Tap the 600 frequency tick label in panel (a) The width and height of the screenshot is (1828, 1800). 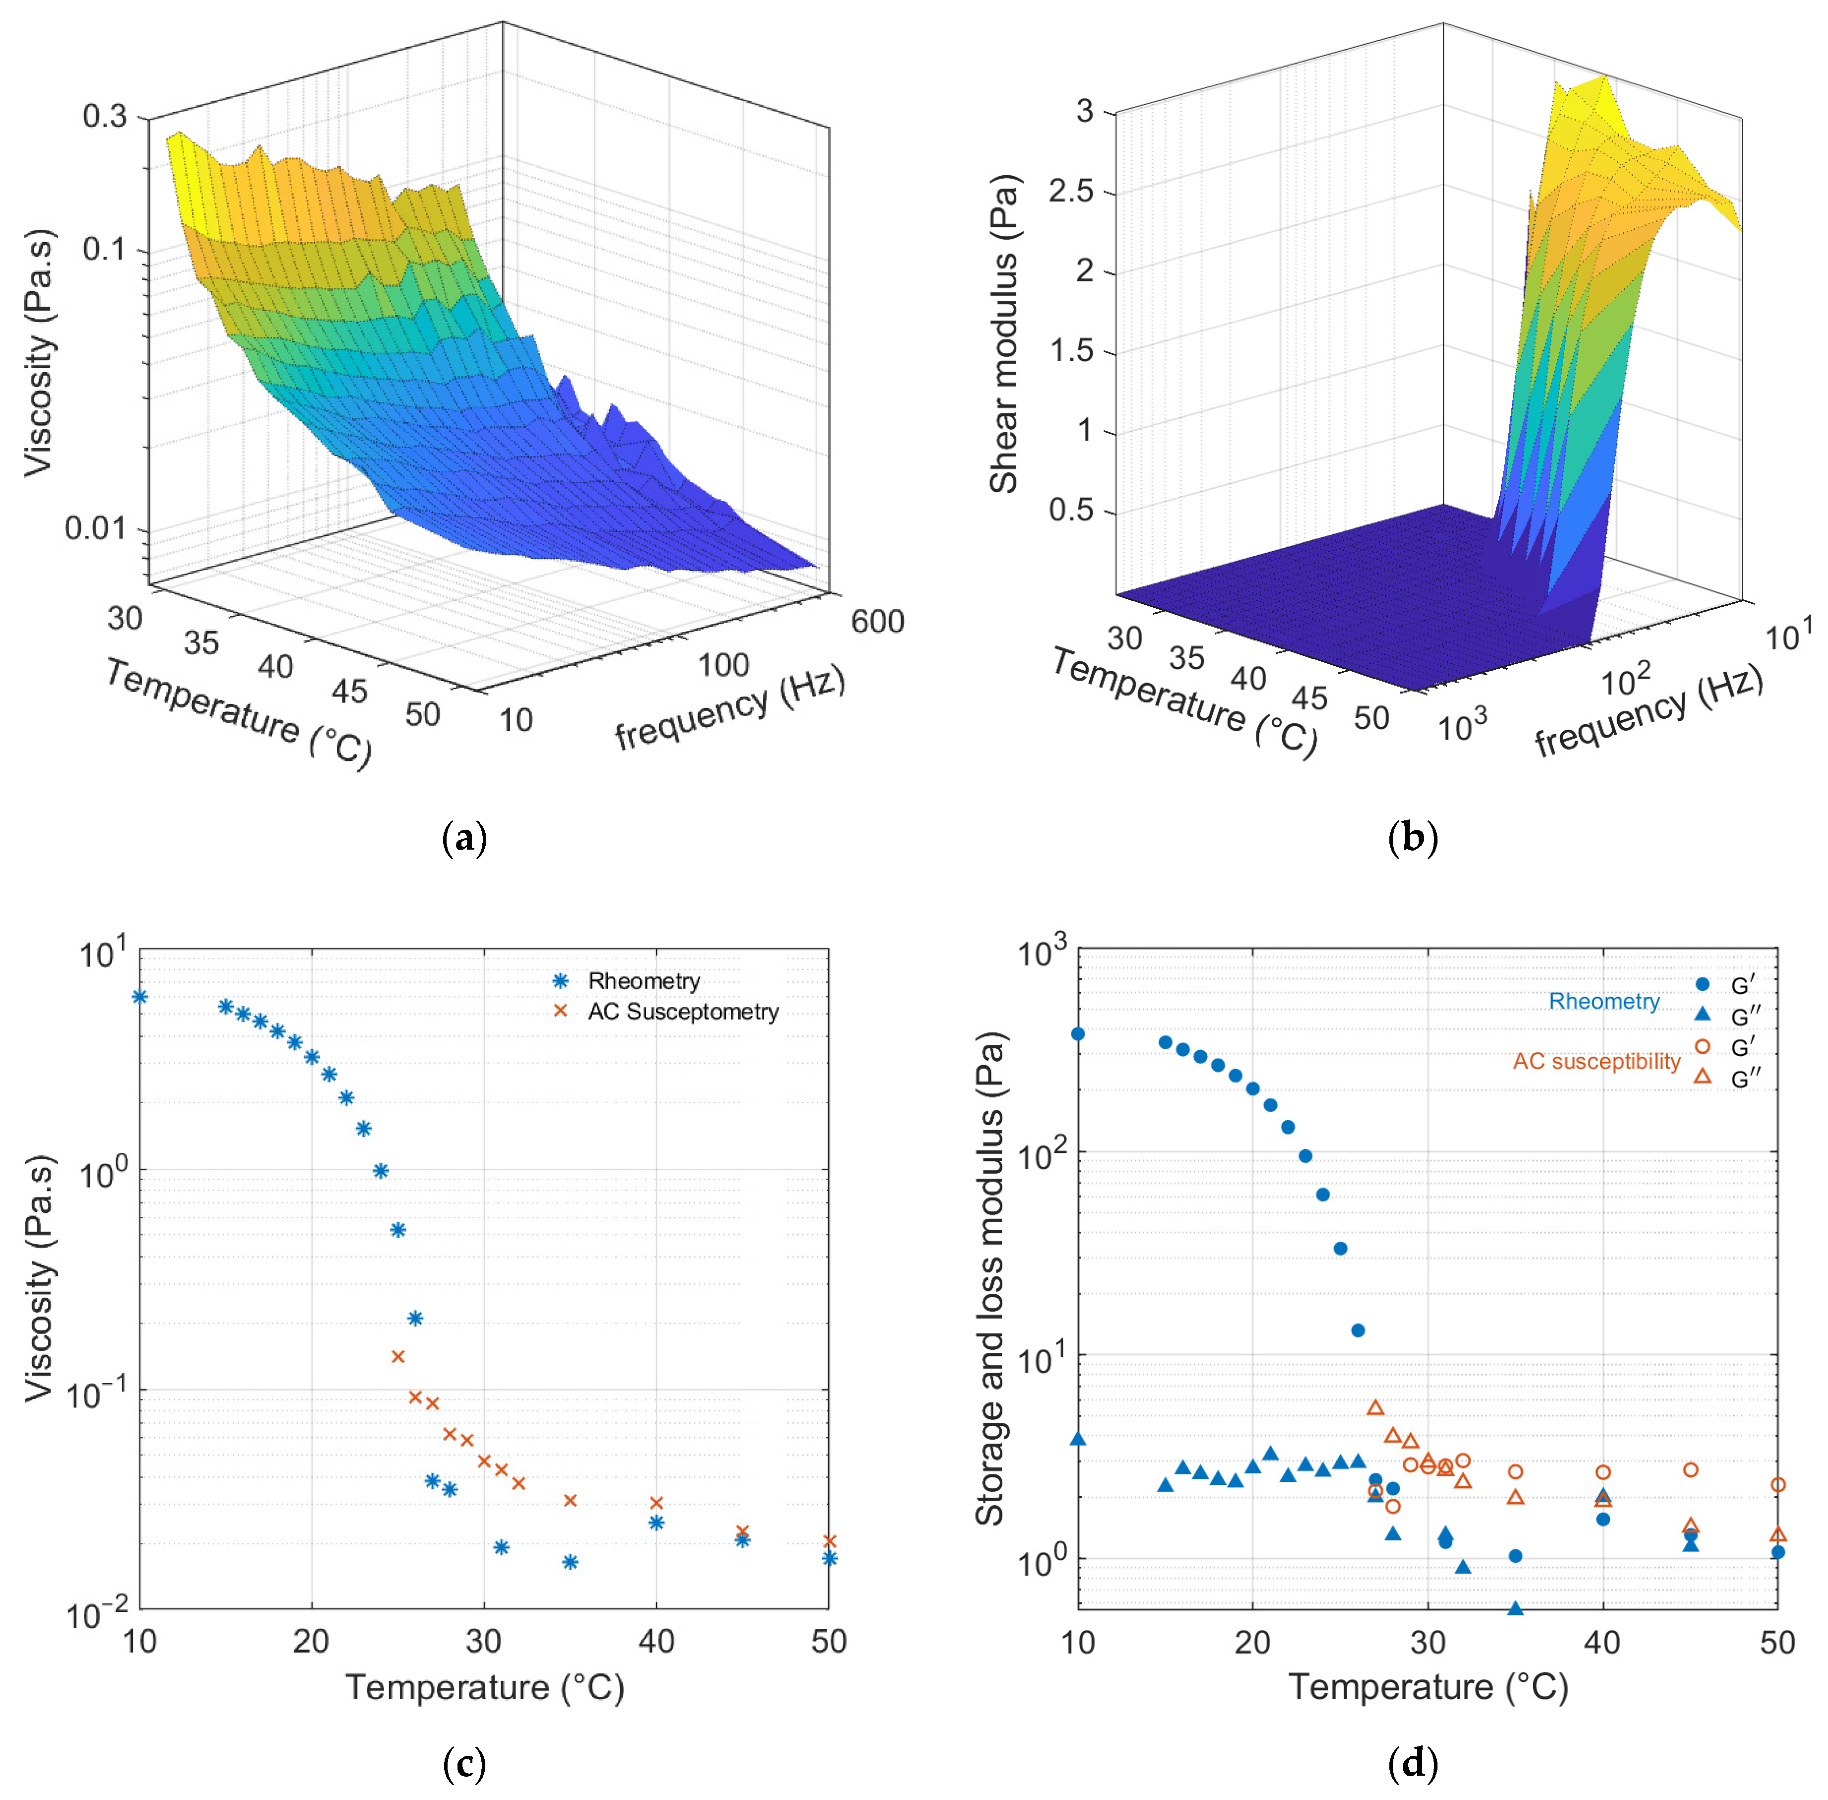pyautogui.click(x=877, y=621)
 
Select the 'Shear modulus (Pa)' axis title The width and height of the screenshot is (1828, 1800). pyautogui.click(x=1004, y=333)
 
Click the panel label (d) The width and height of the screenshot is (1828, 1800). pyautogui.click(x=1412, y=1763)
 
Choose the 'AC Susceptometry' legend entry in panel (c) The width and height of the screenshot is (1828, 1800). pyautogui.click(x=682, y=1011)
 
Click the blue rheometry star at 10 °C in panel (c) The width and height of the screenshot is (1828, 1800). pyautogui.click(x=139, y=997)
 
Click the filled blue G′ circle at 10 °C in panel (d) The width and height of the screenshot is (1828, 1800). pyautogui.click(x=1078, y=1033)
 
